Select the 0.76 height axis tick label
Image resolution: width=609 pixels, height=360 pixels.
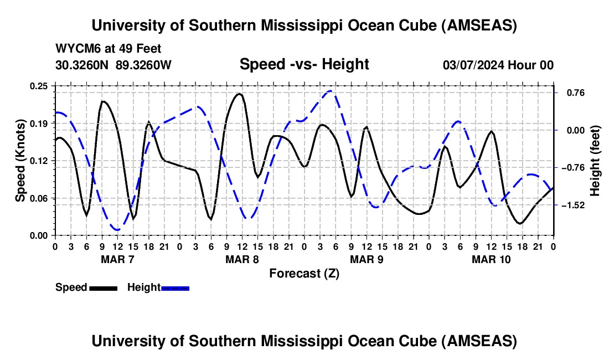570,92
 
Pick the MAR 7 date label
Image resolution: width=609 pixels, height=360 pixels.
117,259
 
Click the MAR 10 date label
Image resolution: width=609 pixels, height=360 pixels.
491,259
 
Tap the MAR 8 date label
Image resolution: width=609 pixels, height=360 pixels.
242,259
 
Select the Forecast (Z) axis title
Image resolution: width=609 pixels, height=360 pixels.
304,273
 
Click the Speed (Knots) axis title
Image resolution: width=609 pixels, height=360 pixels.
20,161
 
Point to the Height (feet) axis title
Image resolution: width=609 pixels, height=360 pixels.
595,161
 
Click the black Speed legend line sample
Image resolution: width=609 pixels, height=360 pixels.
102,288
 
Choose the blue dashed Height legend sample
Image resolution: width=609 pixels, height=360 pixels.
175,288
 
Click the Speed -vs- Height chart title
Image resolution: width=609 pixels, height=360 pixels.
304,65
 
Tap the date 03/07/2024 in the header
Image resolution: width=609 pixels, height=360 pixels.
473,65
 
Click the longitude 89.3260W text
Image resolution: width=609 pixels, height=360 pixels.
143,65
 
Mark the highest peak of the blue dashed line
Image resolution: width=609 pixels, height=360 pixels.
331,90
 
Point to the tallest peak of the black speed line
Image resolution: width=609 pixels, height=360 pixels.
239,94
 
